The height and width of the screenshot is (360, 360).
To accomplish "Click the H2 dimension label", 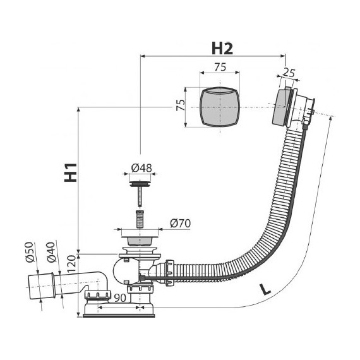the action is point(222,49).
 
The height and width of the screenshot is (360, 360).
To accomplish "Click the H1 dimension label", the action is point(71,172).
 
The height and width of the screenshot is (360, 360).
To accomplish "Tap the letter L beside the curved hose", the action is point(265,289).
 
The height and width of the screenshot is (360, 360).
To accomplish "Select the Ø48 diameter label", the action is point(141,168).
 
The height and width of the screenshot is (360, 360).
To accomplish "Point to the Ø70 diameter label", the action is point(181,223).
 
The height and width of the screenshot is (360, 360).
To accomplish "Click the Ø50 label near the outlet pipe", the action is point(30,252).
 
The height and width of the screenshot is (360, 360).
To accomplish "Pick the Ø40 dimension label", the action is point(51,252).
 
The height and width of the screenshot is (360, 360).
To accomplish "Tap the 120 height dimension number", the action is point(71,264).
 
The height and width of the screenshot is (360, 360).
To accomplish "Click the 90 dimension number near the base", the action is point(120,298).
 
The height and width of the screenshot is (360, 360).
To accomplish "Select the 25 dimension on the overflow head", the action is point(289,73).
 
